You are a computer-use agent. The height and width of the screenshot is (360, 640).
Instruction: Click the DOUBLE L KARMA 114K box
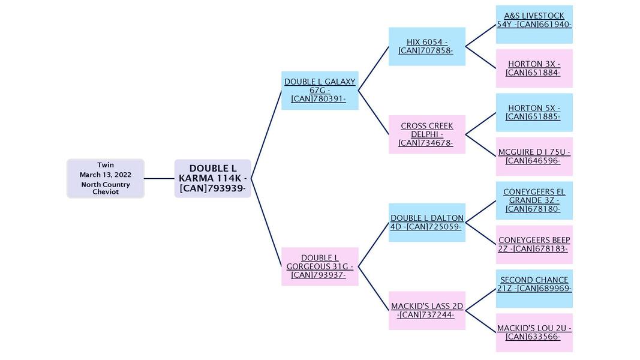[x=212, y=178]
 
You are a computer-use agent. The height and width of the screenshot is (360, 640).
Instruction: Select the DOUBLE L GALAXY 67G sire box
[x=320, y=91]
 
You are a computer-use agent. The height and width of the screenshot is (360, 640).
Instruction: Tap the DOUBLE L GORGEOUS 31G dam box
[x=320, y=266]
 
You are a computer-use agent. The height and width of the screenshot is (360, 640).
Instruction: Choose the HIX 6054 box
[x=426, y=46]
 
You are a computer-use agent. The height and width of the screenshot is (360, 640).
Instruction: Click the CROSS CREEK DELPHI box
[x=426, y=134]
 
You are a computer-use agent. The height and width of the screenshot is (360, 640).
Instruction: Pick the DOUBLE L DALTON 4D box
[x=426, y=223]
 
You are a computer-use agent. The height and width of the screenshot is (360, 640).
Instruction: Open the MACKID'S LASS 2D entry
[x=426, y=310]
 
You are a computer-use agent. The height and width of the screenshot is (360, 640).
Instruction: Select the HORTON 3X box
[x=534, y=68]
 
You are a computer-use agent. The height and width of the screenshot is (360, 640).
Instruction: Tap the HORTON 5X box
[x=534, y=112]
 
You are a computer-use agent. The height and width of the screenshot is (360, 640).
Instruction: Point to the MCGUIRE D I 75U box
[x=534, y=157]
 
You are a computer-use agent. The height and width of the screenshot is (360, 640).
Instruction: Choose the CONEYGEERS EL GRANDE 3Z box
[x=534, y=200]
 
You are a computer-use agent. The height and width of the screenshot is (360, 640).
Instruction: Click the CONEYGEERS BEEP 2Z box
[x=534, y=244]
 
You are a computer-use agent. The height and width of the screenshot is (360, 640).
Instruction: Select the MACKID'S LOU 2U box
[x=534, y=332]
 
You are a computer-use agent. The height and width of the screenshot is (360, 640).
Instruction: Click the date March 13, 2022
[x=106, y=175]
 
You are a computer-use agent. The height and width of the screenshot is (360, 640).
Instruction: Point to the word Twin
[x=106, y=165]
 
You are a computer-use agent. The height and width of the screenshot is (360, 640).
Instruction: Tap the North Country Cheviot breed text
[x=106, y=188]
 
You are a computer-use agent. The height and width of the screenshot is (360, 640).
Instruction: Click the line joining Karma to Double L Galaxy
[x=266, y=135]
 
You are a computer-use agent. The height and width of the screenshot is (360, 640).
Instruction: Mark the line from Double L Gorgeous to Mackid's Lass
[x=373, y=288]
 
